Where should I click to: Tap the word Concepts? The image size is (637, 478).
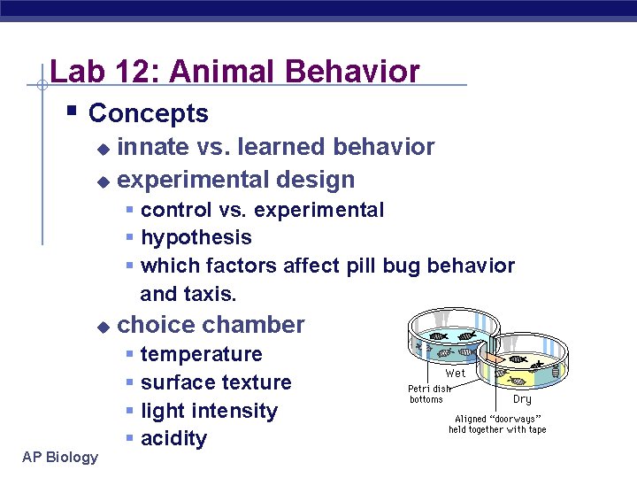pos(149,113)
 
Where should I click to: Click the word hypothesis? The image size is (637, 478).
pos(196,238)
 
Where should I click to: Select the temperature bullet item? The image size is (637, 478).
pos(201,354)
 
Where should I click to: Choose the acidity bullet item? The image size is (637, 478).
pos(173,438)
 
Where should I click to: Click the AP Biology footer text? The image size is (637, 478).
pos(61,457)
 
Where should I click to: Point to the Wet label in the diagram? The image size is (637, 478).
pos(456,373)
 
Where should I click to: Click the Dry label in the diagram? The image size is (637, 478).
pos(522,399)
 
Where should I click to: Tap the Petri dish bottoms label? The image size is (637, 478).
pos(428,394)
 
